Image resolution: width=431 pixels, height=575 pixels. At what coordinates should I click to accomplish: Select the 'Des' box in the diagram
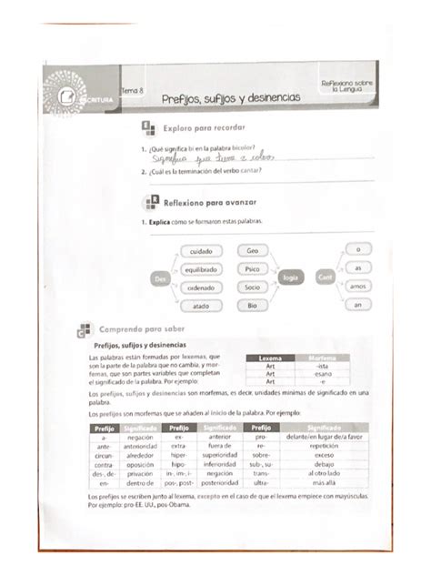pyautogui.click(x=160, y=278)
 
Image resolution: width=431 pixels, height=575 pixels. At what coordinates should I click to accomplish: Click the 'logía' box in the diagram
pyautogui.click(x=290, y=277)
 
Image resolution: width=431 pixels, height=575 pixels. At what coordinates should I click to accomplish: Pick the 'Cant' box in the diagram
pyautogui.click(x=325, y=276)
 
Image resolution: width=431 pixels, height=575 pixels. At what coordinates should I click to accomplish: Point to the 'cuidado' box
pyautogui.click(x=201, y=251)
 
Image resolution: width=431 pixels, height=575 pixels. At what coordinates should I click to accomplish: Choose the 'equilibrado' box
pyautogui.click(x=200, y=269)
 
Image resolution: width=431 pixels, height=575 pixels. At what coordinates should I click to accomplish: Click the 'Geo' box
pyautogui.click(x=252, y=250)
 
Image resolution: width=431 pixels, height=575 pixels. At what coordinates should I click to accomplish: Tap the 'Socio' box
pyautogui.click(x=252, y=287)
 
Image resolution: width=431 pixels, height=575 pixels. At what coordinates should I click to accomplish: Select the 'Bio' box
pyautogui.click(x=252, y=306)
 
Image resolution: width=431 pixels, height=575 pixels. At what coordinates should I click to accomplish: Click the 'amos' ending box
pyautogui.click(x=360, y=286)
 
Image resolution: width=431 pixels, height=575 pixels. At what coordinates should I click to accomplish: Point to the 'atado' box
pyautogui.click(x=200, y=307)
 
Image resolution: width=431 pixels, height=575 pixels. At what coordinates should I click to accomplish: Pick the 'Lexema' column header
pyautogui.click(x=271, y=358)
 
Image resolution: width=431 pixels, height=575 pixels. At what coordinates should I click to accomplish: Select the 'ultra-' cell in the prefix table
pyautogui.click(x=260, y=483)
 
